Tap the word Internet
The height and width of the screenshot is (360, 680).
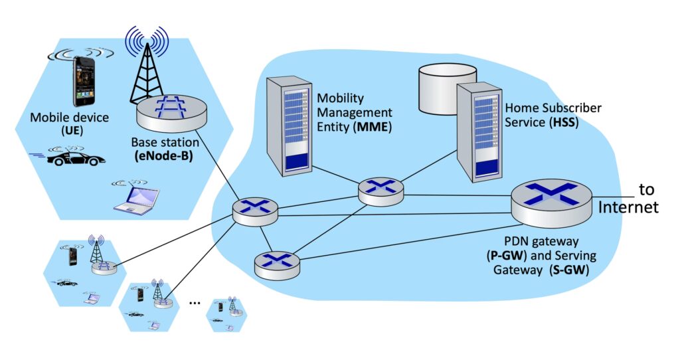click(x=628, y=207)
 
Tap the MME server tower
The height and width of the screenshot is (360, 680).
click(x=289, y=126)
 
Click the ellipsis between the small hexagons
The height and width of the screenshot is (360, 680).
click(x=195, y=302)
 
